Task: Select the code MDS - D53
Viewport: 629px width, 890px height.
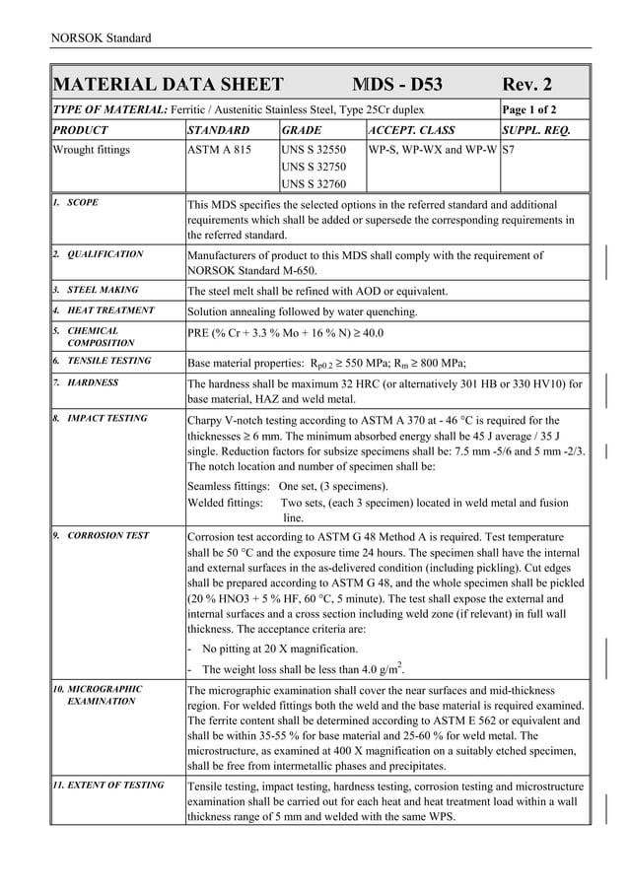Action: (397, 85)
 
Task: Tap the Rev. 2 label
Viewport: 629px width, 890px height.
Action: (527, 85)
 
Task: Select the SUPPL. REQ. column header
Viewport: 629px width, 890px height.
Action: (542, 130)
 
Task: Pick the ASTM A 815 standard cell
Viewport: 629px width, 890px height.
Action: (219, 150)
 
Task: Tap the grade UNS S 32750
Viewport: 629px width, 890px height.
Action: (314, 167)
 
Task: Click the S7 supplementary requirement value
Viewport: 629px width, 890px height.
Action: (510, 150)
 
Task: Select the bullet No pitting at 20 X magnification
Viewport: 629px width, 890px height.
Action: (279, 649)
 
